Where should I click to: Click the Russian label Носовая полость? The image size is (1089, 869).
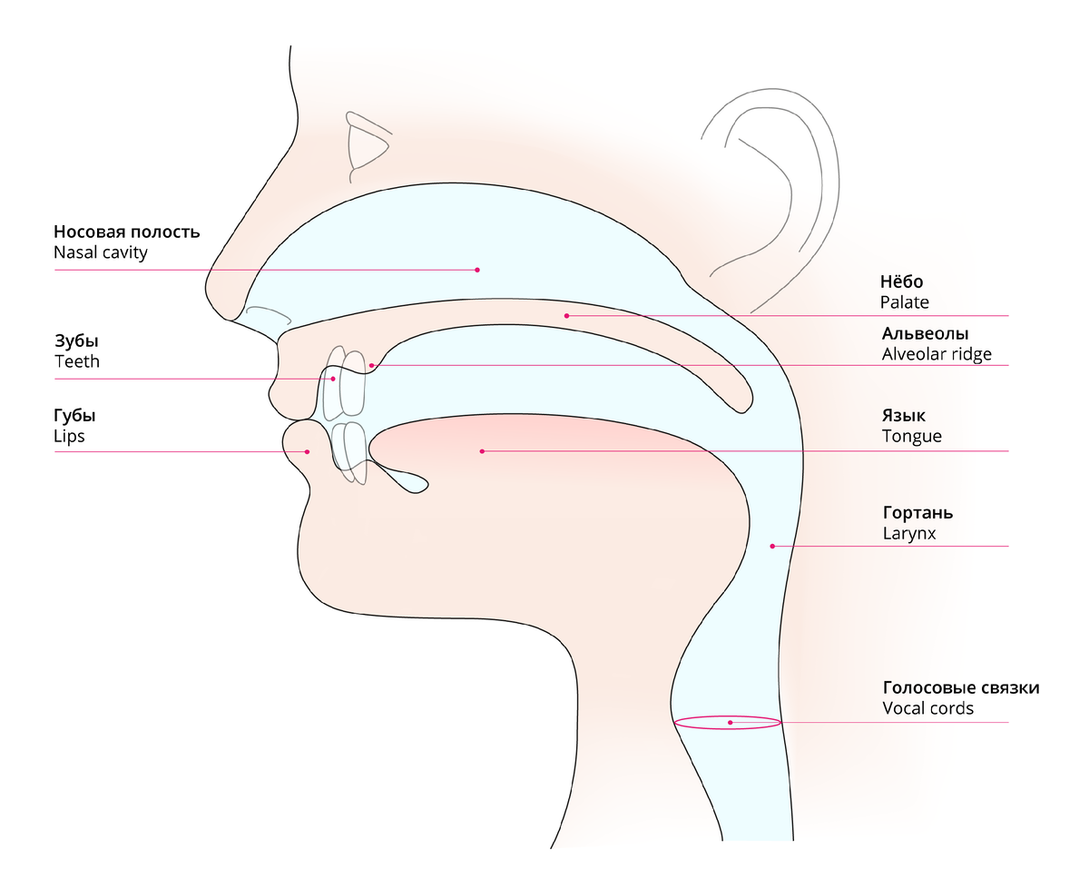(126, 232)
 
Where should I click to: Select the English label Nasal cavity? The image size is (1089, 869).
(100, 252)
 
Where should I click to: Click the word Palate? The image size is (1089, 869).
(904, 302)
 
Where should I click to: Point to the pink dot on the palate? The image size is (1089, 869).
(566, 316)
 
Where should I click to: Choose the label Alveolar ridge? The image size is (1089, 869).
(937, 354)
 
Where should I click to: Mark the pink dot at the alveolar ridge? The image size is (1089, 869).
(372, 365)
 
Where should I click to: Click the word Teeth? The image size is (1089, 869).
(77, 361)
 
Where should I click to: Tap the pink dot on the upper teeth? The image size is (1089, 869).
(333, 379)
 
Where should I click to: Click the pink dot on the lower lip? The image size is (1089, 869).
(308, 451)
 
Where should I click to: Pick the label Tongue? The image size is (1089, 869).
(911, 436)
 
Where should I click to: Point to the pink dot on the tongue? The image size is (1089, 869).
(483, 451)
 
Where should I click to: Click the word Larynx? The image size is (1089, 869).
(908, 534)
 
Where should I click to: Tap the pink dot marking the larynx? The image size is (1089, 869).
(772, 546)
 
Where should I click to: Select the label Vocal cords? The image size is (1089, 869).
(927, 708)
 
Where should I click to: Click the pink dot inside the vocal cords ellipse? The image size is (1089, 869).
(731, 723)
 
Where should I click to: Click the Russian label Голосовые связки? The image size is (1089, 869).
(961, 688)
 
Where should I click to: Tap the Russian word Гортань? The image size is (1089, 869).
(917, 513)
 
